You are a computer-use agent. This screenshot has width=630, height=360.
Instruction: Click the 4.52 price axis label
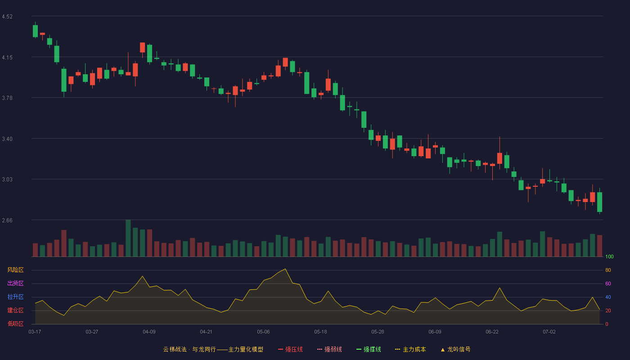pos(7,17)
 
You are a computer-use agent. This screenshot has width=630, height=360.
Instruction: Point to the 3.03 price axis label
pos(7,180)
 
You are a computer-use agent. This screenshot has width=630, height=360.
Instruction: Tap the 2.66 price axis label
pos(7,220)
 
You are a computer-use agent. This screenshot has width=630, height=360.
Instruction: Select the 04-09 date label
pos(149,332)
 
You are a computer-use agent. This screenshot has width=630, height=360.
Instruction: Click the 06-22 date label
pos(492,332)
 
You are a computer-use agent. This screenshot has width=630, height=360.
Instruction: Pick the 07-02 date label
pos(549,332)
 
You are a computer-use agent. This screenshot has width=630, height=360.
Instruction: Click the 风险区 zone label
pos(15,270)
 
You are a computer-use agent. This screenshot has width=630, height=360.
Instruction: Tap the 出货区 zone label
pos(15,283)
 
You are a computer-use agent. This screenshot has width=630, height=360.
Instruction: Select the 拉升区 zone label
pos(15,297)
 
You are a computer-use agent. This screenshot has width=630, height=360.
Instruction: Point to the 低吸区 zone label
pos(15,324)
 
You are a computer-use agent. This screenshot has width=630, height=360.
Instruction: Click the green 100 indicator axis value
pos(609,256)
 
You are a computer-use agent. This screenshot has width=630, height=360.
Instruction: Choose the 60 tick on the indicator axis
pos(608,283)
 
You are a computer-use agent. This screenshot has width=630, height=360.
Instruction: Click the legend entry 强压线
pos(291,349)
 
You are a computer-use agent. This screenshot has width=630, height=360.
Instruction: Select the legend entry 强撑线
pos(369,349)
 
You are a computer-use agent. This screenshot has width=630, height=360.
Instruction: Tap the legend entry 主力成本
pos(410,349)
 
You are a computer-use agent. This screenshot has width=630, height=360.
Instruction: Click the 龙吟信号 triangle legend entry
pos(455,349)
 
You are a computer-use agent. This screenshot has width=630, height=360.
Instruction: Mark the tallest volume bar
pos(128,238)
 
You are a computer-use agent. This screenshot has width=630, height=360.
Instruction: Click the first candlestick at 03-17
pos(35,31)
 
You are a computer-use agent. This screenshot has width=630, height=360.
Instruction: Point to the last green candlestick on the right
pos(599,202)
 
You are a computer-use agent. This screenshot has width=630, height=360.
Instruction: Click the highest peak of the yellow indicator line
pos(285,269)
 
